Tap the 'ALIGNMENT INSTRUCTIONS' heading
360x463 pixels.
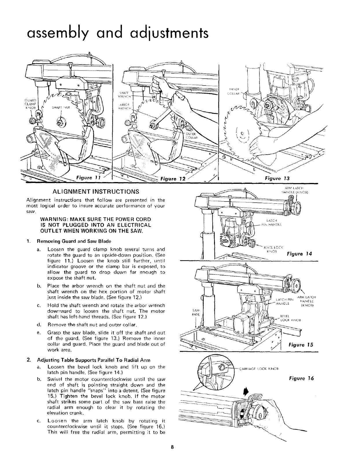pyautogui.click(x=95, y=192)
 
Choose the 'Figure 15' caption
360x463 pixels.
pyautogui.click(x=301, y=345)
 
